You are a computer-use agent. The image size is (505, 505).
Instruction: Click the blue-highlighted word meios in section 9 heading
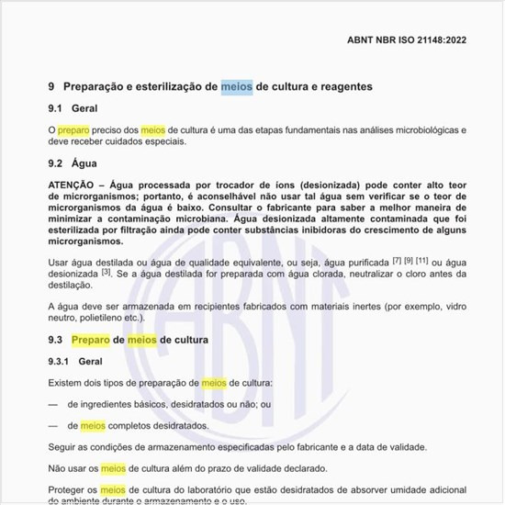tap(237, 86)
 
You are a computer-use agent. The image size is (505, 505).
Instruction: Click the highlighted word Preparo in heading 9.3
tap(91, 340)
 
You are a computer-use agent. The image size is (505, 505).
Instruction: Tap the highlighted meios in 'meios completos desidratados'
tap(94, 426)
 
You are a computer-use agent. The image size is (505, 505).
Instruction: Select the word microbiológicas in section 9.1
tap(432, 131)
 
